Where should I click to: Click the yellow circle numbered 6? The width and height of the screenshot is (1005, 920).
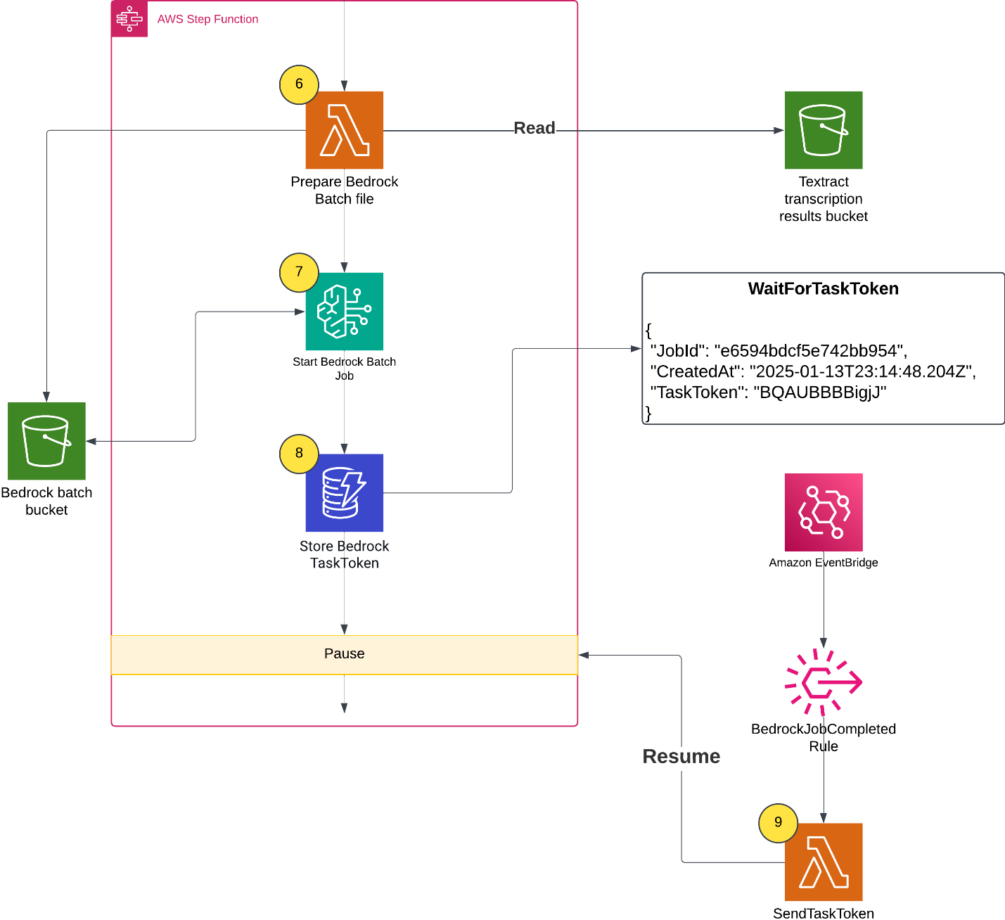[299, 84]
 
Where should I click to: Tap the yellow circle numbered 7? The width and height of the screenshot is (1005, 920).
[299, 272]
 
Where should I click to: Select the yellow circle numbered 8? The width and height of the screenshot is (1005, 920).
[299, 453]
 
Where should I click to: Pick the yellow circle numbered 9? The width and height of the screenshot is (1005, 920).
[778, 822]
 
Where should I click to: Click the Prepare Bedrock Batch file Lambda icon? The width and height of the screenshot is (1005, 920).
[344, 130]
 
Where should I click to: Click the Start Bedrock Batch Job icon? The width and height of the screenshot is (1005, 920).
[344, 311]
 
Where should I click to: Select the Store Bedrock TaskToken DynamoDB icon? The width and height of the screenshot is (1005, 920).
[344, 492]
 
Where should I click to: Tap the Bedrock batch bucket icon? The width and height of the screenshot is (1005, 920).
[46, 441]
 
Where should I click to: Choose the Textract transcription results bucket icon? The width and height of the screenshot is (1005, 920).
[823, 130]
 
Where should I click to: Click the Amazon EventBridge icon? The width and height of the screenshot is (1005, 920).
[823, 512]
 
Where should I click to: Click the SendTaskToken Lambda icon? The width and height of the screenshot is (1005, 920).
[823, 862]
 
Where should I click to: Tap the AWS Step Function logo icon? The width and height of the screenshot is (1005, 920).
[129, 19]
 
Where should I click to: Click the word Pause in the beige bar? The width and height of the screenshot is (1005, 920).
[344, 653]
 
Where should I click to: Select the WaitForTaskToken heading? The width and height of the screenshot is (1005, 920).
[823, 289]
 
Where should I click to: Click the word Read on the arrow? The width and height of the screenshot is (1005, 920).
[534, 128]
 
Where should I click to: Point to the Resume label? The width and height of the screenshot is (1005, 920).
[681, 756]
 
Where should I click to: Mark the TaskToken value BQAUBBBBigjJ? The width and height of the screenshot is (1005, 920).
[820, 392]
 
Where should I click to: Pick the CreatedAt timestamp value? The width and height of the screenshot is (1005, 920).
[861, 371]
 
